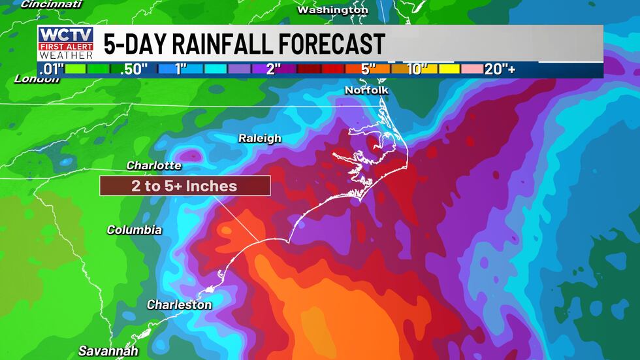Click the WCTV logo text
65,35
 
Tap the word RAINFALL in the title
227,44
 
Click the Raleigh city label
259,139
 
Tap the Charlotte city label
154,165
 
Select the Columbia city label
134,230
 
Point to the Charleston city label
179,305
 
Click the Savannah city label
108,352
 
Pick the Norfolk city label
366,90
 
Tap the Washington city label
332,10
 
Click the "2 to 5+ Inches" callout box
184,186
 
